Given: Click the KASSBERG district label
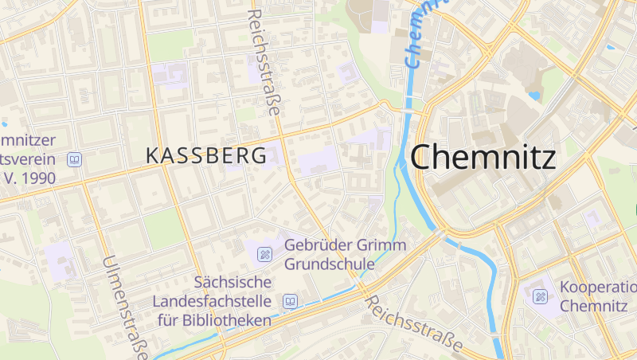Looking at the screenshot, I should pos(206,156).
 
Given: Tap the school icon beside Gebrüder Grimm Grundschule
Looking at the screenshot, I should pos(264,255).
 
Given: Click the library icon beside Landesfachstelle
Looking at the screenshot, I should pos(291,302).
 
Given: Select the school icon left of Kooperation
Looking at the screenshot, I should pos(540,296).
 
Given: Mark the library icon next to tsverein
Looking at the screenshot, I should pos(75,159).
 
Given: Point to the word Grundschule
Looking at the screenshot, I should pos(329,264).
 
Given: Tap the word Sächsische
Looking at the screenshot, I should pos(233,283).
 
